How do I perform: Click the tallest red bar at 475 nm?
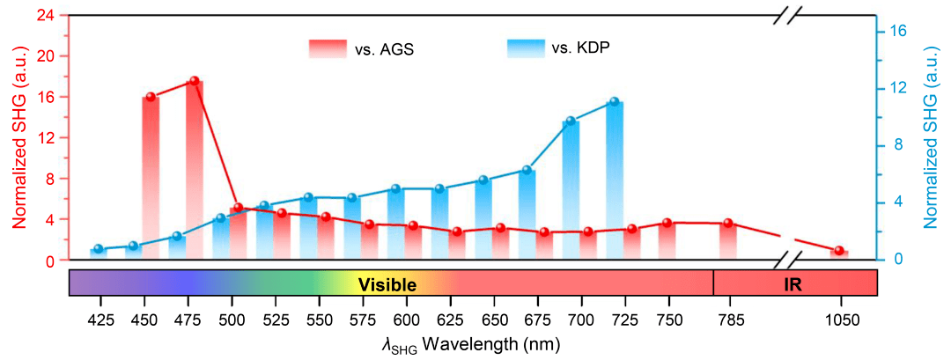click(x=195, y=167)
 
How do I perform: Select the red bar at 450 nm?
click(x=151, y=176)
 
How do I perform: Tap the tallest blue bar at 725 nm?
click(x=614, y=176)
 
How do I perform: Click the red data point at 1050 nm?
click(x=839, y=251)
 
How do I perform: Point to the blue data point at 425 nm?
click(x=99, y=249)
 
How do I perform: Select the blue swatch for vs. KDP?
click(x=525, y=48)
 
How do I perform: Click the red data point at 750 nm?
click(x=667, y=223)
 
